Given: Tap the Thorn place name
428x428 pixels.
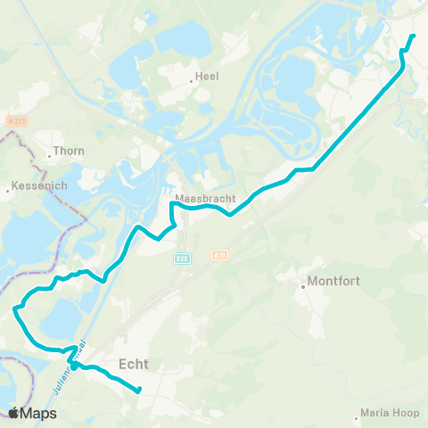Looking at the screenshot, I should pyautogui.click(x=69, y=151).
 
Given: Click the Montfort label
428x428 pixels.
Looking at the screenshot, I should pyautogui.click(x=333, y=283).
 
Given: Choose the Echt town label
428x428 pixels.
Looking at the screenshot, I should pyautogui.click(x=134, y=363).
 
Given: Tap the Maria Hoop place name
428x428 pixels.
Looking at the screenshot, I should pyautogui.click(x=390, y=414).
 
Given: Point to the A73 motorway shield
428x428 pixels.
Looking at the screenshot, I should pyautogui.click(x=219, y=255).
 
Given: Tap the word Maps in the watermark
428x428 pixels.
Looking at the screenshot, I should pyautogui.click(x=38, y=413).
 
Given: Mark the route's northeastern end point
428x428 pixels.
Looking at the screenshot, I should pyautogui.click(x=413, y=36).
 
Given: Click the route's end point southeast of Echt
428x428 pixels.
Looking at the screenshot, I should pyautogui.click(x=139, y=389).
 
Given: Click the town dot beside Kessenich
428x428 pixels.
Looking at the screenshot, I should pyautogui.click(x=7, y=189).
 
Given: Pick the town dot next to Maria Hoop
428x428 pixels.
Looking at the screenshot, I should pyautogui.click(x=357, y=414).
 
